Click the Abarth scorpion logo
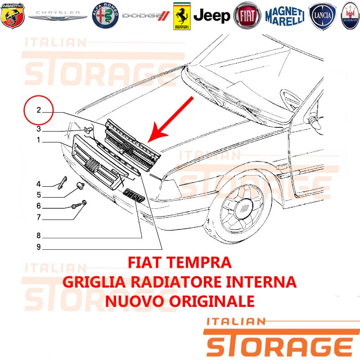click(x=13, y=16)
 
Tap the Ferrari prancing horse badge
click(x=182, y=16)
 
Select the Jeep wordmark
click(x=211, y=16)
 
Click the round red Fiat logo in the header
click(x=247, y=16)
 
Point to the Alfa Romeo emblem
click(x=105, y=16)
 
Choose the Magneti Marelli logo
click(x=285, y=16)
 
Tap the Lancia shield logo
click(x=322, y=16)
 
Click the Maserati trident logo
click(x=350, y=16)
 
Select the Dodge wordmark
click(x=146, y=16)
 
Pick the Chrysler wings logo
click(x=58, y=15)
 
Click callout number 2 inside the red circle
click(x=39, y=110)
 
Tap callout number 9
click(x=39, y=247)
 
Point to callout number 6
click(x=39, y=206)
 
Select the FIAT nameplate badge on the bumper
click(x=134, y=196)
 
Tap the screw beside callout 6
click(x=76, y=206)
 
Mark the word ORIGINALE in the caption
click(x=212, y=301)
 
